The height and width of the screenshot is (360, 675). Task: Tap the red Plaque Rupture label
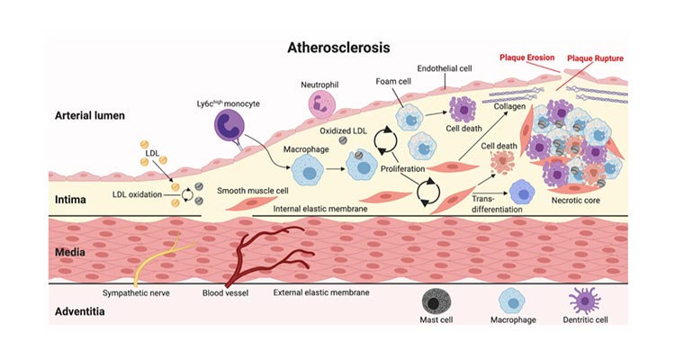pos(596,58)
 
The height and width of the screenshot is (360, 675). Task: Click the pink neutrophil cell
pos(321,105)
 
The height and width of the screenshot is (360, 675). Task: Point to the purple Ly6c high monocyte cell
pos(233,129)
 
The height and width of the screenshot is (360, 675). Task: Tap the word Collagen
pos(511,107)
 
